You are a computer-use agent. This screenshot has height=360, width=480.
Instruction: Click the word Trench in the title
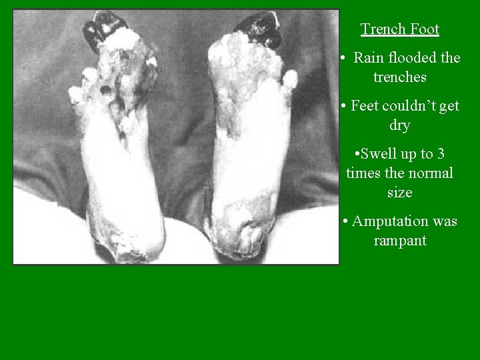382,29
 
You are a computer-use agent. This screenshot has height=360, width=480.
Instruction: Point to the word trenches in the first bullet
400,77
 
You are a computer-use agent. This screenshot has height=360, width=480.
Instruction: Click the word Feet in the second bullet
366,106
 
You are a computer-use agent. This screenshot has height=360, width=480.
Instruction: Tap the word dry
400,125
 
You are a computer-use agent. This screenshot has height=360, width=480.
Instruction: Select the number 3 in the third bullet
441,154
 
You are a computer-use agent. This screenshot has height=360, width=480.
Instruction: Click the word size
400,193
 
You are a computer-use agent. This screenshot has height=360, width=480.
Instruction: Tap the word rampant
400,241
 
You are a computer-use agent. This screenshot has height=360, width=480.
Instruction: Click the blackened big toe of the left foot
103,28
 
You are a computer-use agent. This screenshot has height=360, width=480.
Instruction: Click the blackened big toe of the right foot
257,27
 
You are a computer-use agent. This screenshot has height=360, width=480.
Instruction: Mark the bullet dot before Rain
341,58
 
